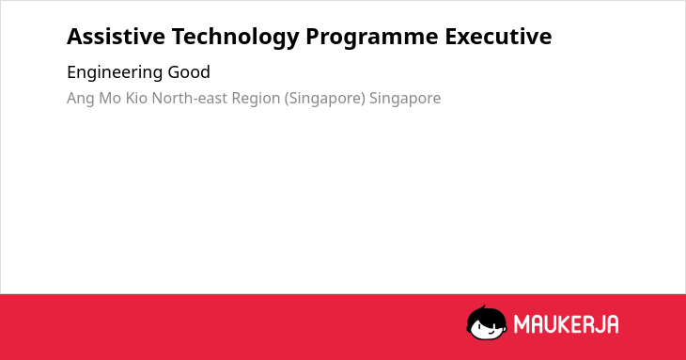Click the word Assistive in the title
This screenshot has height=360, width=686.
tap(116, 36)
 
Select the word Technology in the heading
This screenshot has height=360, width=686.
tap(235, 38)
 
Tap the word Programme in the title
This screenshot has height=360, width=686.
tap(372, 38)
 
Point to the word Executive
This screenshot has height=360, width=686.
tap(498, 36)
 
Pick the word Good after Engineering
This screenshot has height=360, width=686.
tap(189, 72)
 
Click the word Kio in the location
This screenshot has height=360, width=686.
tap(136, 98)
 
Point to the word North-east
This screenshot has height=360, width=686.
tap(190, 98)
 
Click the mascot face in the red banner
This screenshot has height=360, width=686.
tap(487, 323)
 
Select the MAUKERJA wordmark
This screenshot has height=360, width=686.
tap(566, 324)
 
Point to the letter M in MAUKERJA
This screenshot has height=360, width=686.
tap(522, 324)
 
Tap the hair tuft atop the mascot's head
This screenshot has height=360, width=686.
tap(484, 308)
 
